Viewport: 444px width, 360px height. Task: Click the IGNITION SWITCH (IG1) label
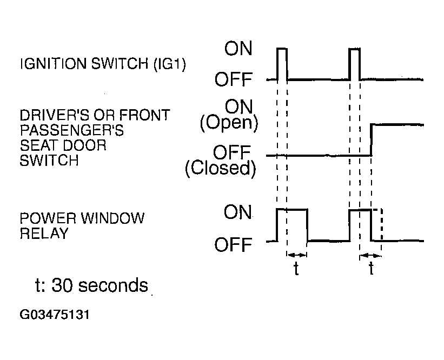tap(103, 64)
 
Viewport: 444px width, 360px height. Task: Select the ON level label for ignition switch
tap(238, 49)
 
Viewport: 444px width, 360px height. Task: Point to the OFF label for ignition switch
tap(233, 79)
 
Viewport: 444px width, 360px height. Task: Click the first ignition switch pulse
tap(282, 64)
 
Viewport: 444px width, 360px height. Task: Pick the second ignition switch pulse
tap(355, 64)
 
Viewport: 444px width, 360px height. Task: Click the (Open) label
tap(229, 123)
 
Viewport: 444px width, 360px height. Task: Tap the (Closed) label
tap(221, 168)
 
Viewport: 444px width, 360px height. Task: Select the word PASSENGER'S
tap(72, 130)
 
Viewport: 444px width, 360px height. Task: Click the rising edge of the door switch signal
tap(371, 140)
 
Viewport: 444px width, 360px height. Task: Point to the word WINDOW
tap(112, 218)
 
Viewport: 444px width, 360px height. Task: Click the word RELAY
tap(44, 234)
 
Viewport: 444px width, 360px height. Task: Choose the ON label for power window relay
tap(237, 212)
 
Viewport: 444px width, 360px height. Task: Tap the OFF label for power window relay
tap(233, 245)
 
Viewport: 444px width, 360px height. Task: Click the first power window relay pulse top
tap(292, 209)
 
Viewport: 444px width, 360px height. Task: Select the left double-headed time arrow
tap(297, 255)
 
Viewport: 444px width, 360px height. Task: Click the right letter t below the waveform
tap(371, 269)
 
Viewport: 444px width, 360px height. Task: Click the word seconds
tap(113, 285)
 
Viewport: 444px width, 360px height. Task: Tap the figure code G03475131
tap(55, 315)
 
